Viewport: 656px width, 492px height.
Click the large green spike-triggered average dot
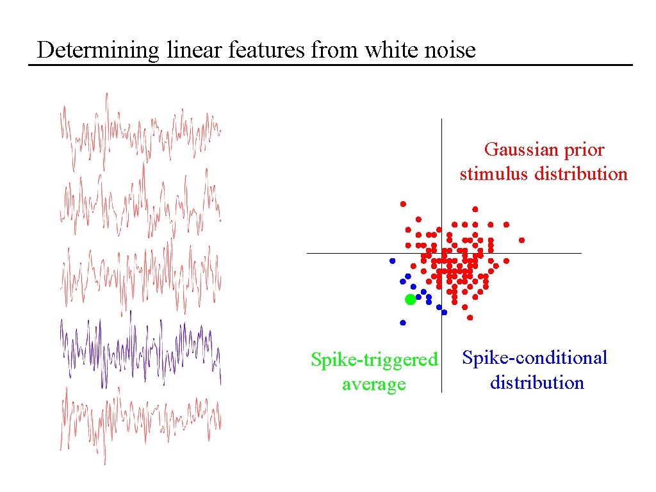click(411, 299)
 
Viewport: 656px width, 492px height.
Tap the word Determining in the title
click(98, 49)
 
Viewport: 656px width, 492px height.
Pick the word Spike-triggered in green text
click(374, 360)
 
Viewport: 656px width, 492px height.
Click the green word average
click(374, 384)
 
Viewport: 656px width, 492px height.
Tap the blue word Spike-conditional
click(535, 357)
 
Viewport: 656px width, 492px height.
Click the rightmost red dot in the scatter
click(521, 240)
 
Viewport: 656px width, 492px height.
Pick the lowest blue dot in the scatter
click(403, 322)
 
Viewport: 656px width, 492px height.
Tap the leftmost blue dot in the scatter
click(392, 261)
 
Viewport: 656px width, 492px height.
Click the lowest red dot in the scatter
click(470, 317)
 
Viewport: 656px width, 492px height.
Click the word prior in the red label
click(584, 149)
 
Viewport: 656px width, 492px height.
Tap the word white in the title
click(386, 49)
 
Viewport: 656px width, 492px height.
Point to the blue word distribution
click(537, 383)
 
